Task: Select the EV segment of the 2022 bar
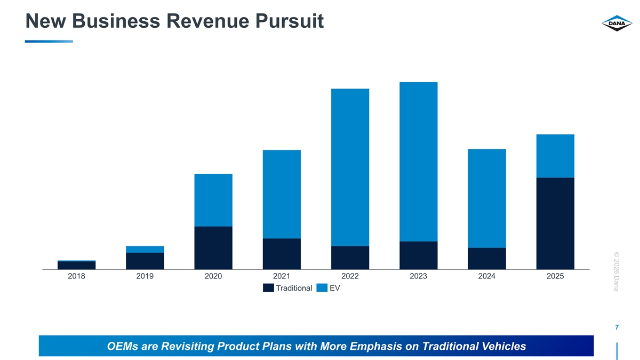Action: [x=350, y=167]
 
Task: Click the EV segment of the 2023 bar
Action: [x=418, y=162]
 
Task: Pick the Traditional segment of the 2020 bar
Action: [x=213, y=247]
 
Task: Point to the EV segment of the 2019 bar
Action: [x=145, y=249]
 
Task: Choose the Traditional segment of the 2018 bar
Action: [x=77, y=265]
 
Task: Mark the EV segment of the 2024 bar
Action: [x=486, y=198]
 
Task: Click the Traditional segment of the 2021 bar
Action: [x=282, y=253]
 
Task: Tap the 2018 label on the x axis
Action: [x=77, y=276]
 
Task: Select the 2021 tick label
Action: [x=282, y=276]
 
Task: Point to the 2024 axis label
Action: [x=486, y=276]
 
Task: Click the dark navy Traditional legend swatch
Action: [x=268, y=288]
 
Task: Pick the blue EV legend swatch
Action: [x=322, y=288]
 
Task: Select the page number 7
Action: [x=617, y=327]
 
